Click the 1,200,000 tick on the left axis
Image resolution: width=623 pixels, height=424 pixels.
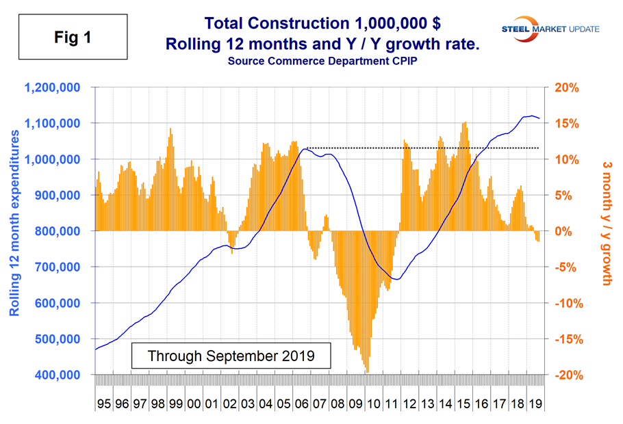coord(53,88)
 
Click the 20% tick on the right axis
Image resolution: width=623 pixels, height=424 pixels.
coord(564,88)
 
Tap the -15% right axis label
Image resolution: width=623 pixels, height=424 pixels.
coord(565,339)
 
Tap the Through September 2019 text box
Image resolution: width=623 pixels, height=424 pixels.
coord(231,356)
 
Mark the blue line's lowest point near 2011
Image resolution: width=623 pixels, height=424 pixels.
coord(397,279)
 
